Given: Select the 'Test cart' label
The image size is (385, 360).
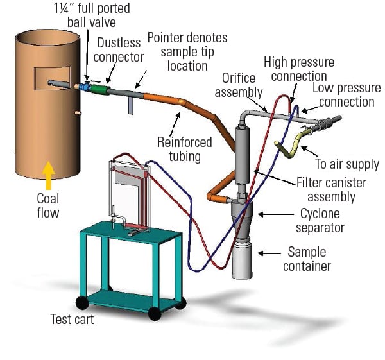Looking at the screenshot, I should click(x=73, y=319).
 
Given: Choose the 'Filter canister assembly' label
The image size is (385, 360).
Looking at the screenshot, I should click(x=336, y=190).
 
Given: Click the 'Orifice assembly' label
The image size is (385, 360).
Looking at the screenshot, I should click(x=243, y=85).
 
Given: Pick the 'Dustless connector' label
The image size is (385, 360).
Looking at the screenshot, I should click(x=120, y=49).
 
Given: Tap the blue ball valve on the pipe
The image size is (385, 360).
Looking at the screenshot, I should click(x=85, y=85).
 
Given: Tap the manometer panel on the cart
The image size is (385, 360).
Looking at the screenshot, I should click(x=128, y=193).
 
